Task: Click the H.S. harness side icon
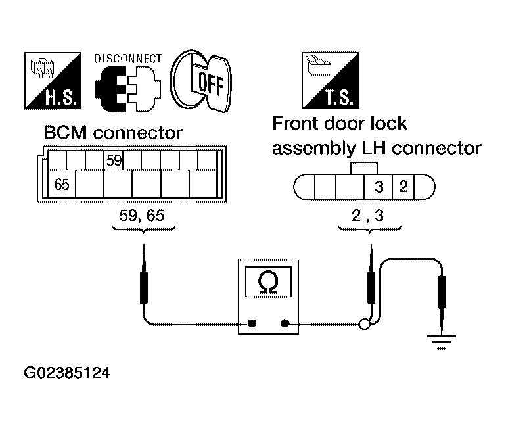[x=53, y=81]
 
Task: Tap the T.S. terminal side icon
[x=331, y=80]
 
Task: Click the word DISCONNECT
[x=127, y=59]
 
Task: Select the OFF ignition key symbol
[x=200, y=81]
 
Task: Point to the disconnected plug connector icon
[x=127, y=89]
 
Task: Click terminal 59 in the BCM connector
[x=114, y=160]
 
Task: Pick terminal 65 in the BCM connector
[x=62, y=184]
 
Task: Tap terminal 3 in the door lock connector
[x=379, y=187]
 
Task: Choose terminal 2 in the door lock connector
[x=403, y=187]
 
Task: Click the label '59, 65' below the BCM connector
[x=142, y=215]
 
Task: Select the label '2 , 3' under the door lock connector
[x=367, y=216]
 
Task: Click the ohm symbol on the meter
[x=268, y=282]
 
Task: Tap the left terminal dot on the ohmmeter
[x=252, y=323]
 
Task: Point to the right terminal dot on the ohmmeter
[x=285, y=323]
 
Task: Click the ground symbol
[x=441, y=342]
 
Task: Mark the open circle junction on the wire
[x=364, y=324]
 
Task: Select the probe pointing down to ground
[x=441, y=303]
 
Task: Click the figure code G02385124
[x=67, y=373]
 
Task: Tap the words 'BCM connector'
[x=113, y=133]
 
